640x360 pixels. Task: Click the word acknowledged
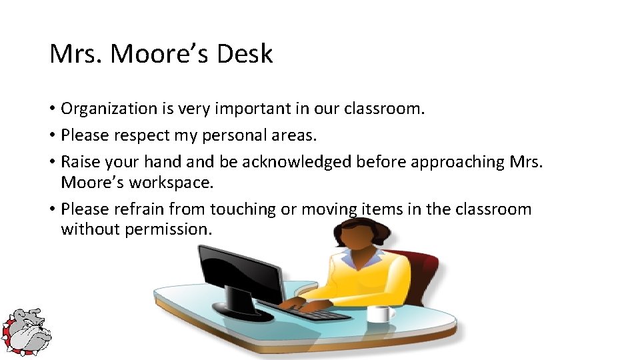pos(297,162)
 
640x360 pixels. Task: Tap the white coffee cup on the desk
pos(378,313)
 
